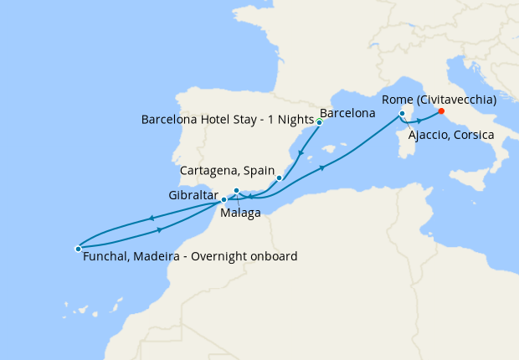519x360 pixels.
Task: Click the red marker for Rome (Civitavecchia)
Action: coord(441,111)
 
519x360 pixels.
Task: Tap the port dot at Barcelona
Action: coord(319,122)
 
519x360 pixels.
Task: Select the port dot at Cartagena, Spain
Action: coord(279,177)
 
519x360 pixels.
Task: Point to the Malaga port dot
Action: coord(237,191)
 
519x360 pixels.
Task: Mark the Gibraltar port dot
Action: coord(224,199)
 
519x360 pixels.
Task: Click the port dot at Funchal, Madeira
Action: coord(78,248)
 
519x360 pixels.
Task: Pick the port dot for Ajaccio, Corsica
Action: coord(403,113)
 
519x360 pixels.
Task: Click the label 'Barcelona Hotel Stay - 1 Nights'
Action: coord(228,119)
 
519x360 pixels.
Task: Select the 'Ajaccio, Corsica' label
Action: coord(452,135)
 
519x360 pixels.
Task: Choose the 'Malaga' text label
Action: coord(240,213)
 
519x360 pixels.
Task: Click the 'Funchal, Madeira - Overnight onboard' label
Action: coord(191,256)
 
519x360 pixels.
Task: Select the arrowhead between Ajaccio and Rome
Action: coord(418,121)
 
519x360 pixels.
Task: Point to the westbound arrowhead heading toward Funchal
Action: coord(152,219)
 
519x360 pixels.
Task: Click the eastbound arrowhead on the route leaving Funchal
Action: coord(158,229)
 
